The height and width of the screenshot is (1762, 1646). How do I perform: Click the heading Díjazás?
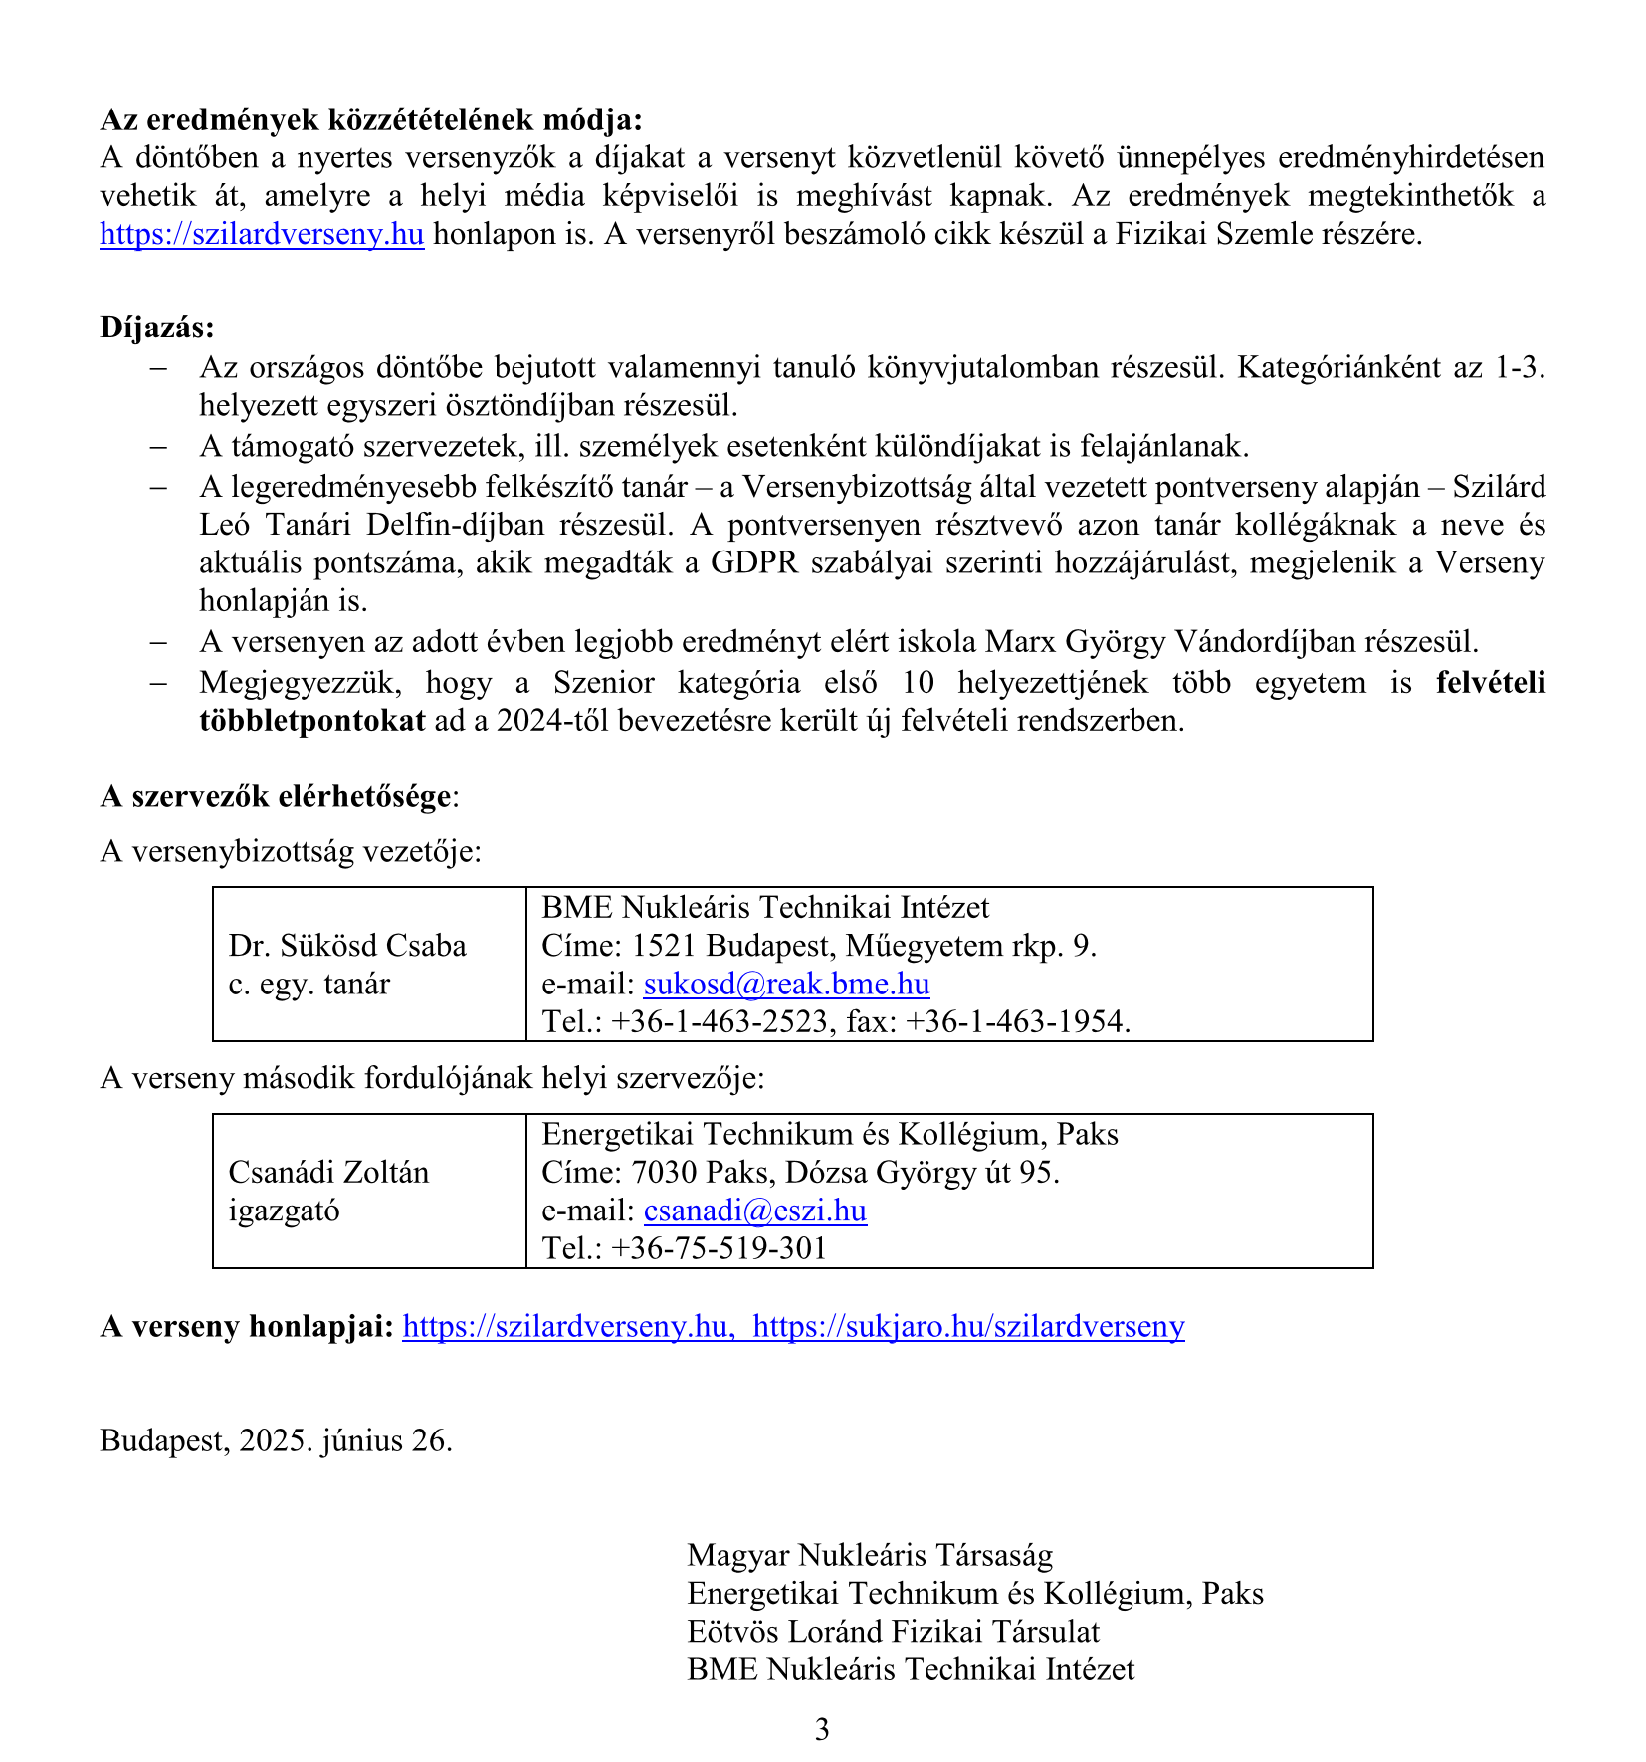(x=156, y=327)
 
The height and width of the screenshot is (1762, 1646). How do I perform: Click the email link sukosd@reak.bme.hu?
(x=786, y=984)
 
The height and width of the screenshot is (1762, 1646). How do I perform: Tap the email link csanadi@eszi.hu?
(x=754, y=1211)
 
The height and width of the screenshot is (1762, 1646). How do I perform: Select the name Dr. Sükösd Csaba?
(x=347, y=945)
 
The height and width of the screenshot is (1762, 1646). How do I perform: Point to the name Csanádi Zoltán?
(x=328, y=1172)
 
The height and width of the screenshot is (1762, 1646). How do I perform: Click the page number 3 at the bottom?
(x=822, y=1729)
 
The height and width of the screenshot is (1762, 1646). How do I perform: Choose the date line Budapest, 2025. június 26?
(x=276, y=1440)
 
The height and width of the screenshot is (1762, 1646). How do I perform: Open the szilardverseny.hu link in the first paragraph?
(x=262, y=234)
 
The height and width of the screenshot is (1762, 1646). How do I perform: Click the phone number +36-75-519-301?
(x=719, y=1248)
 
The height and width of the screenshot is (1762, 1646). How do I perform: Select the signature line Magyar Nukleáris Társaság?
(x=869, y=1554)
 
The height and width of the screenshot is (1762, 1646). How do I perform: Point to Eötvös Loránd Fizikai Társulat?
(x=893, y=1631)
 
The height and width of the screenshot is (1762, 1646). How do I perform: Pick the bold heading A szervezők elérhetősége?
(x=276, y=796)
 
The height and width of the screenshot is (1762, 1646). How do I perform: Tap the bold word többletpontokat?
(x=311, y=720)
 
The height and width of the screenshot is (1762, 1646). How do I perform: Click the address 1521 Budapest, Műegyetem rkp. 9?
(x=864, y=945)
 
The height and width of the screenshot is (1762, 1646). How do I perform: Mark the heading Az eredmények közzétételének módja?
(x=371, y=119)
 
